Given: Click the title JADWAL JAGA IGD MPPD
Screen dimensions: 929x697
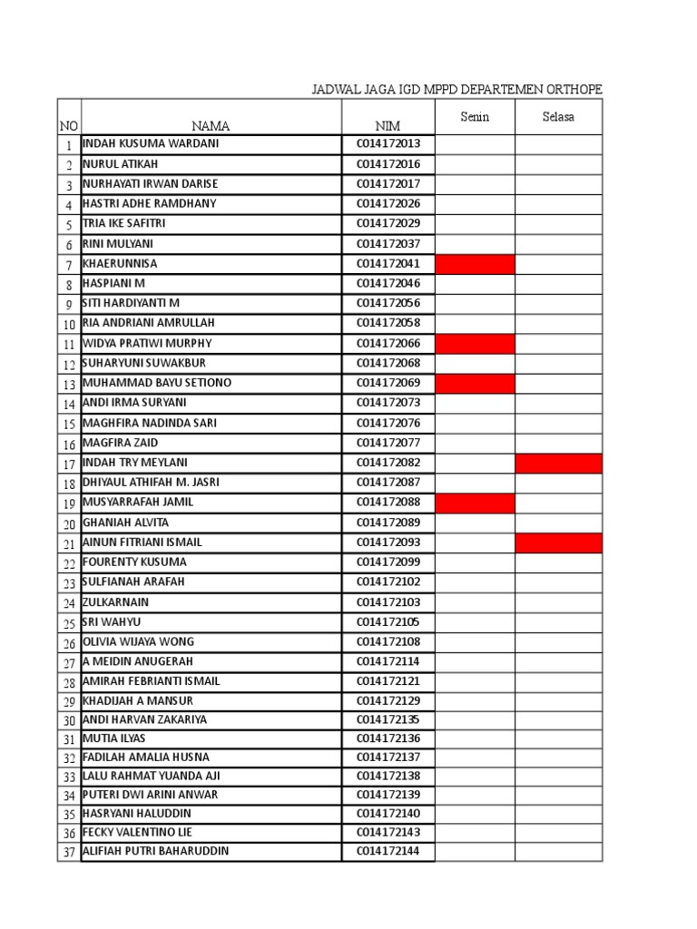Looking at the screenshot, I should point(456,90).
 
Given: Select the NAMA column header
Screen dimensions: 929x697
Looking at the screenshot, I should point(211,126).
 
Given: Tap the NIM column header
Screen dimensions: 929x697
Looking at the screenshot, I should point(388,126).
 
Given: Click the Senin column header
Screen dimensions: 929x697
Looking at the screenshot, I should point(475,117).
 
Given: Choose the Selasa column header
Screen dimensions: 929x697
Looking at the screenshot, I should point(558,117).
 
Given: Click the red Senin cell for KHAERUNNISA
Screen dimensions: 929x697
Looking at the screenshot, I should point(475,264).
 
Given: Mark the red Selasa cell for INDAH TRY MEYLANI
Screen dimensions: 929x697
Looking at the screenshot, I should point(558,464).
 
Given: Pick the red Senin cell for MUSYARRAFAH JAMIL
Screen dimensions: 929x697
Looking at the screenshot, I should point(475,504).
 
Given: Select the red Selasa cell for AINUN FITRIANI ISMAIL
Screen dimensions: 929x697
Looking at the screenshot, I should point(558,543).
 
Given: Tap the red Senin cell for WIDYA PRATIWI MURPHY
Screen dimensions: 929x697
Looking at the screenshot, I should point(475,344).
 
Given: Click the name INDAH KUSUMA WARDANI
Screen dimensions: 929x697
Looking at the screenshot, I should point(151,144).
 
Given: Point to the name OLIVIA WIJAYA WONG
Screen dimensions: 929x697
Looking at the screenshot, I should point(139,641).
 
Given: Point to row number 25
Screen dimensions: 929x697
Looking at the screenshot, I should point(69,623).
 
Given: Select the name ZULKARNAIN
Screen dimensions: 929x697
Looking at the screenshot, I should point(115,602).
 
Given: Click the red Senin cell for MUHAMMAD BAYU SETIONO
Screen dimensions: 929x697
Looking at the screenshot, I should point(475,384).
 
